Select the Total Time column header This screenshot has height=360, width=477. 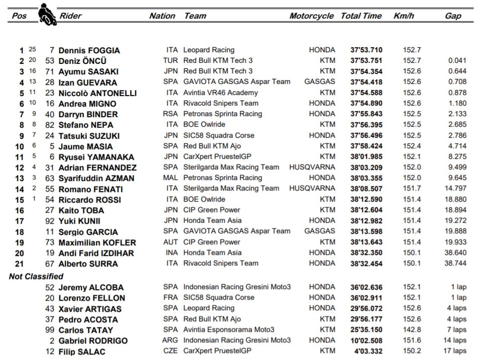(361, 16)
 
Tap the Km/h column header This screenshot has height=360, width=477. (404, 16)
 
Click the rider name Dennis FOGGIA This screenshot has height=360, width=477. (89, 50)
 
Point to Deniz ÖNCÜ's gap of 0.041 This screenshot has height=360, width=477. (457, 61)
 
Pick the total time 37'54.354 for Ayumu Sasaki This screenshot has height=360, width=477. (366, 71)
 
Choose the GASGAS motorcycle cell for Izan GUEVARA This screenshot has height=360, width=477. (320, 82)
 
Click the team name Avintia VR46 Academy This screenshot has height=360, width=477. (220, 93)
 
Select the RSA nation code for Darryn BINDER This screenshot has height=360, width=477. (170, 114)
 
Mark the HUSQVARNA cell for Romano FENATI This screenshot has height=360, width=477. (312, 189)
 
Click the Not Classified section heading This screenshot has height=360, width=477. (36, 276)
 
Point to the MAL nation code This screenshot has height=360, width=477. (170, 178)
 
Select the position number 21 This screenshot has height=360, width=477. (19, 263)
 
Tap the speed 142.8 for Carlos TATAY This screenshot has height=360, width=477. (412, 330)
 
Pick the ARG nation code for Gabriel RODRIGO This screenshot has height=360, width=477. (170, 340)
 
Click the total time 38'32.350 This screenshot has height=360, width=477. (366, 253)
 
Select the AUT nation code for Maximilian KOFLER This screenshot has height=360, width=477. (170, 242)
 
